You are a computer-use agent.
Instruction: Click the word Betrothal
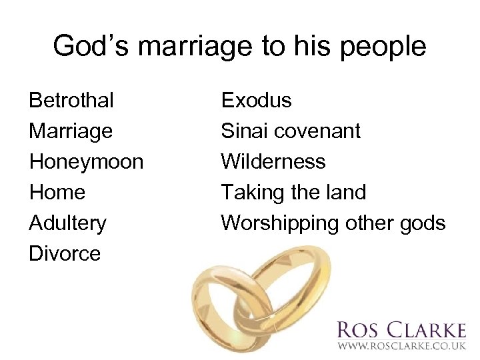[x=71, y=101]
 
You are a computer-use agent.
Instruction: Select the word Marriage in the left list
[x=71, y=131]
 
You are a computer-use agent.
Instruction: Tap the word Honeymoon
[x=86, y=162]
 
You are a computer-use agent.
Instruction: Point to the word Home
[x=57, y=193]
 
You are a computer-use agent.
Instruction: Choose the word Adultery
[x=67, y=223]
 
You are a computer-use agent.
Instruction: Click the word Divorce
[x=65, y=253]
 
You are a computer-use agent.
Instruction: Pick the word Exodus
[x=256, y=101]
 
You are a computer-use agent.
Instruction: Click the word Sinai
[x=243, y=131]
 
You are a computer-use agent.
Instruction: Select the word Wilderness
[x=273, y=162]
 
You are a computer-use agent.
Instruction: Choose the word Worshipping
[x=280, y=223]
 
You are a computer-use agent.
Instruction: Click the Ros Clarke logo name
[x=401, y=330]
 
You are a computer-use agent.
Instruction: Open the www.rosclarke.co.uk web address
[x=401, y=347]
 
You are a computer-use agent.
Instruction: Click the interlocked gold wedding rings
[x=260, y=300]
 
